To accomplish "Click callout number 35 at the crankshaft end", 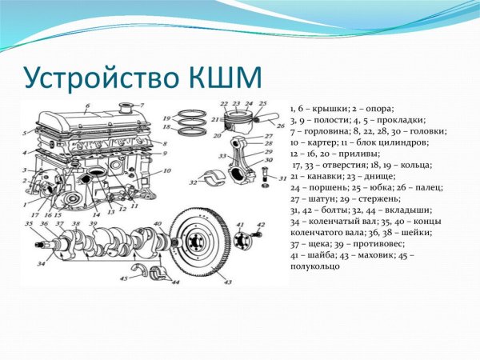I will tap(29, 224).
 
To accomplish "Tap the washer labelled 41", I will tap(241, 237).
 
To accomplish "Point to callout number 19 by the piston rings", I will tap(167, 118).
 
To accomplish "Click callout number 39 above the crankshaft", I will tap(93, 224).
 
